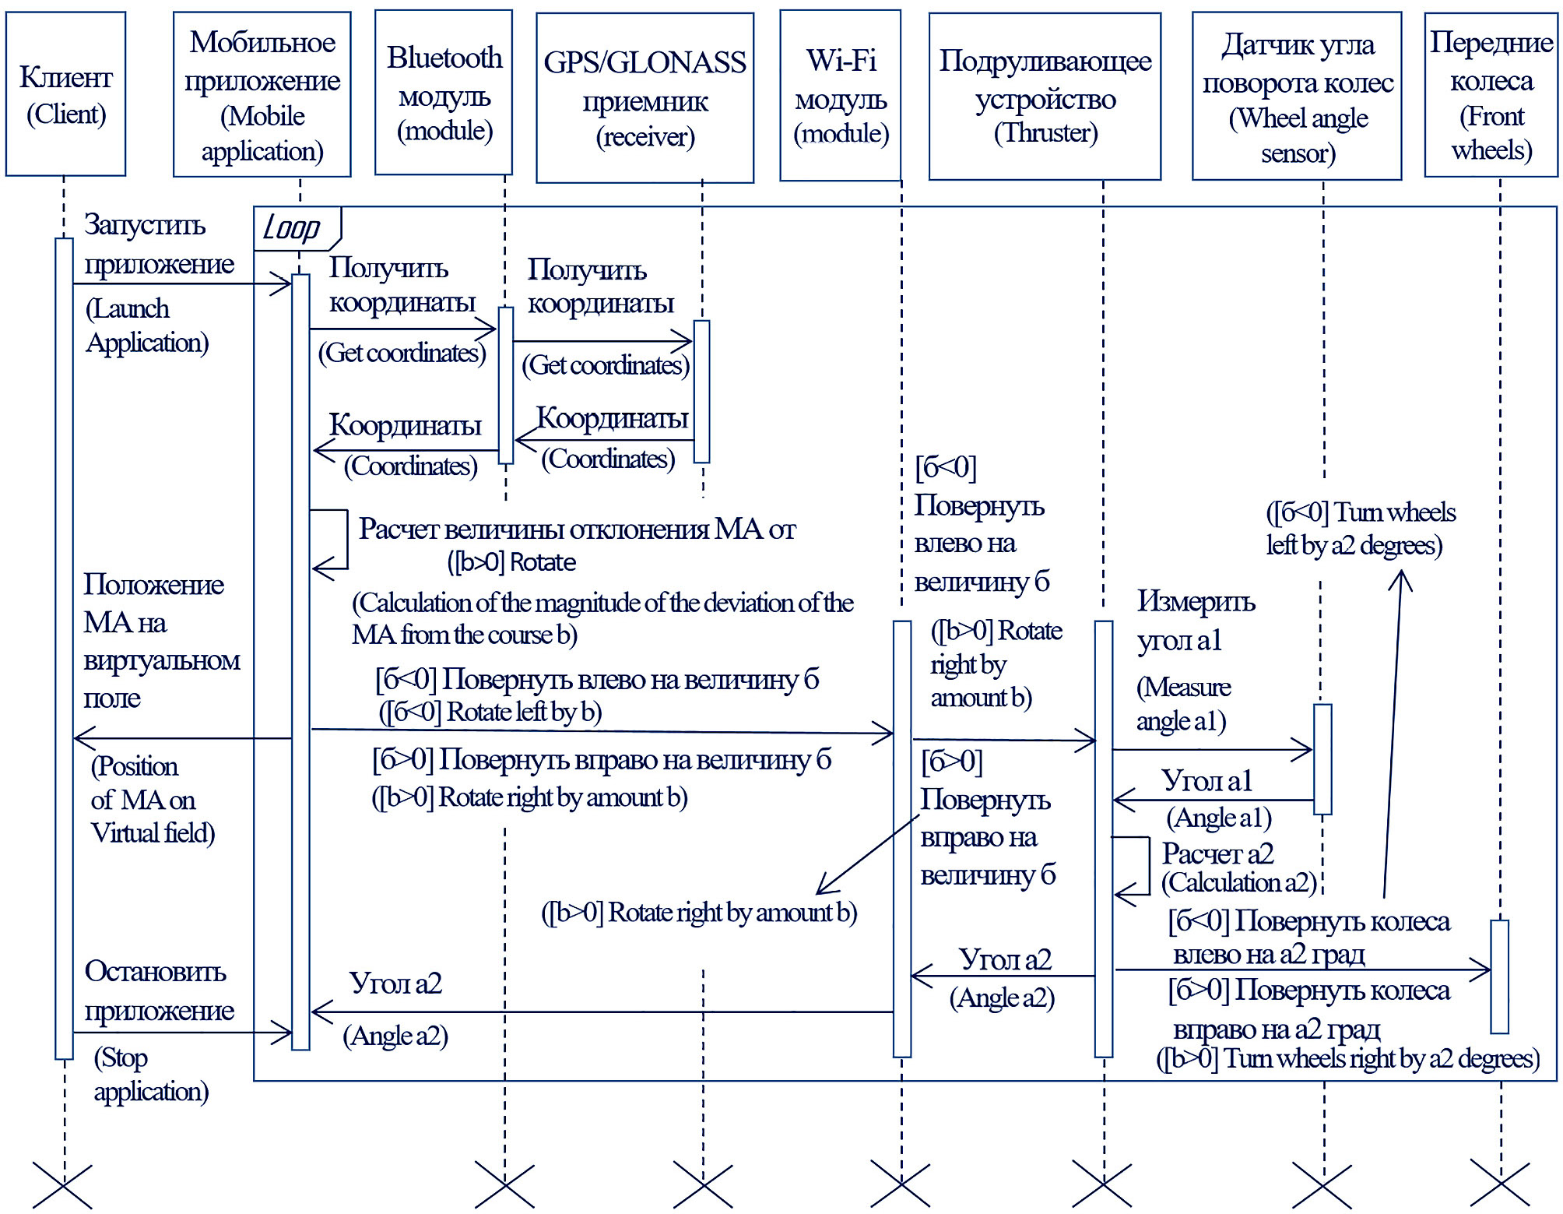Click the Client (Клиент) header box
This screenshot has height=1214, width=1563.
[65, 94]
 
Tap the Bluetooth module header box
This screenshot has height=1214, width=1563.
[444, 93]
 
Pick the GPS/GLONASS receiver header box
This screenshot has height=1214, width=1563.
[645, 98]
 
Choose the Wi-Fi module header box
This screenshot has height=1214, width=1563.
[841, 96]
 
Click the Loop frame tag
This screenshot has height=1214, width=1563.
[294, 228]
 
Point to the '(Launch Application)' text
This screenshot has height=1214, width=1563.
[146, 325]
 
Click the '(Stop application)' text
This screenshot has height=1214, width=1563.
[150, 1075]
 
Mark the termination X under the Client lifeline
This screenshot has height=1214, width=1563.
[63, 1186]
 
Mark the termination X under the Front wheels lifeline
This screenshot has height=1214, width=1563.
[1500, 1184]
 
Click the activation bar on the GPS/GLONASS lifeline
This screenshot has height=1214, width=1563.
[701, 391]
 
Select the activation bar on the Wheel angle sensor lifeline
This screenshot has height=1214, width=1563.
[1322, 759]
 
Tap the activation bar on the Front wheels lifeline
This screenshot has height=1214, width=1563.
[1499, 976]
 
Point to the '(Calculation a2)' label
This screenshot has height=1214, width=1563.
[1238, 882]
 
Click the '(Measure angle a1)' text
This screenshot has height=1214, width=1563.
[1182, 704]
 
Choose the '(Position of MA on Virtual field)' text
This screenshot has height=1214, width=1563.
[152, 800]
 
